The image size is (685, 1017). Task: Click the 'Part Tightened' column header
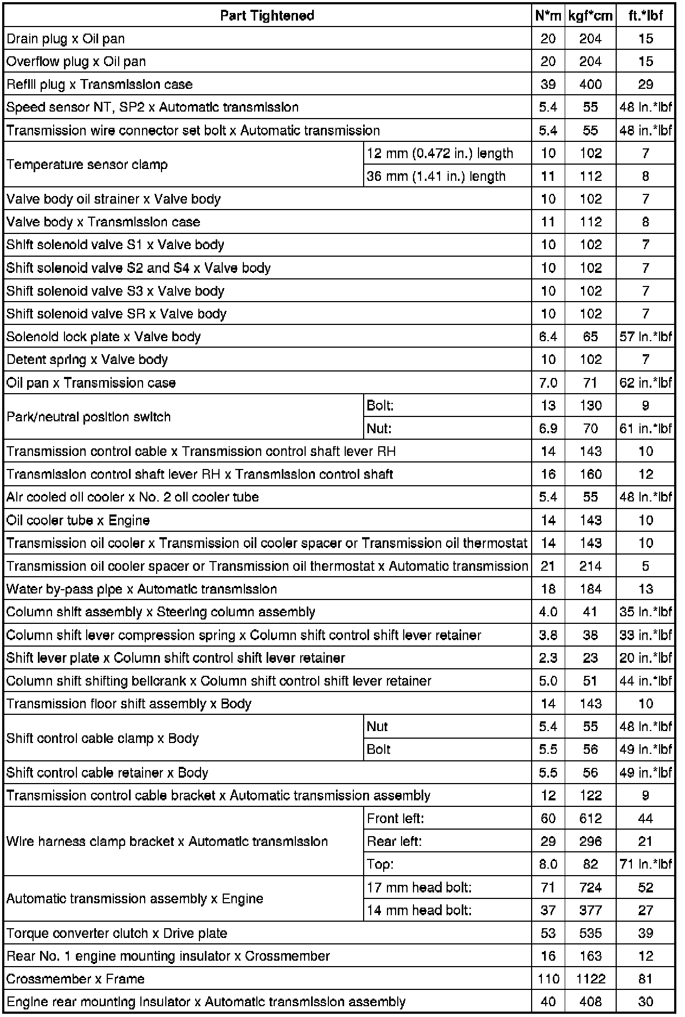[267, 16]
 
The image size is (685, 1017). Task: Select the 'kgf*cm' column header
[590, 16]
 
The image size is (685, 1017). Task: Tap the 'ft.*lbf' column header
[645, 16]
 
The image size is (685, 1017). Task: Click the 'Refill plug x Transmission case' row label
[99, 84]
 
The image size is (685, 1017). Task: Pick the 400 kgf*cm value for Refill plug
[590, 84]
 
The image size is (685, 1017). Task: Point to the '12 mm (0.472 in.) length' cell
[440, 153]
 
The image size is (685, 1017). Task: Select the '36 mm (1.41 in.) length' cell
[436, 177]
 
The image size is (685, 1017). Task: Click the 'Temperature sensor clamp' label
[87, 165]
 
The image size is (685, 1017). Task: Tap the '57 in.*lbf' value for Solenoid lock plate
[645, 337]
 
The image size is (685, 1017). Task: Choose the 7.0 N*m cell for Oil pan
[548, 383]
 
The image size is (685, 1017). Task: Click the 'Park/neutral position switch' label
[88, 417]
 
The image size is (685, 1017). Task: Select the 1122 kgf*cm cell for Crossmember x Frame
[590, 979]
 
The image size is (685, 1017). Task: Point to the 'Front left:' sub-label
[395, 818]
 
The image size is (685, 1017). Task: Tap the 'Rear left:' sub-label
[394, 842]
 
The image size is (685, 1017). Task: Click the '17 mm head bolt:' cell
[419, 888]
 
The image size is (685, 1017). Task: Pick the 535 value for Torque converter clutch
[590, 933]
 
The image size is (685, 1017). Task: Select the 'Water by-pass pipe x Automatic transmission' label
[141, 589]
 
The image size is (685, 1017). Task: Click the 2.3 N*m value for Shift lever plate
[548, 658]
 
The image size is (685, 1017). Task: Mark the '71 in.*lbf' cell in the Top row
[645, 864]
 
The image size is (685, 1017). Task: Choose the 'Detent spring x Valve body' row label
[87, 360]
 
